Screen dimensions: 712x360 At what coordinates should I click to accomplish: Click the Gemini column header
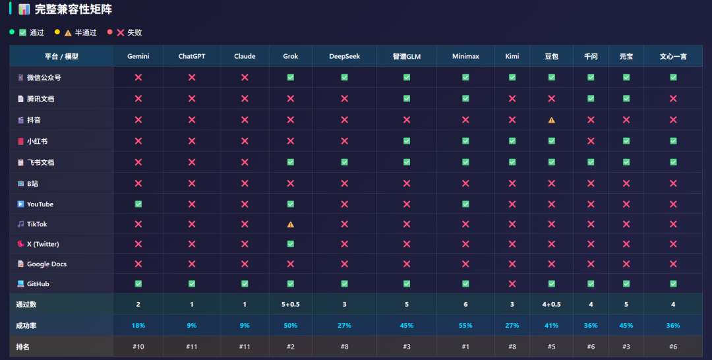138,56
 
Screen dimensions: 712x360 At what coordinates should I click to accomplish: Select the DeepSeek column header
344,56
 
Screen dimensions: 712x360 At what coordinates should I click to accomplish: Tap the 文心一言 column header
673,56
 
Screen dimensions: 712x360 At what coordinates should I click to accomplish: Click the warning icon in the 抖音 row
551,120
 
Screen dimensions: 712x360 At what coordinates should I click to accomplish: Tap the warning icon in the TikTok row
291,224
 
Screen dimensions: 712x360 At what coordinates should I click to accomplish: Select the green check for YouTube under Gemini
138,204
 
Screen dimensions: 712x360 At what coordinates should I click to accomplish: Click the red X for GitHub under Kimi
512,284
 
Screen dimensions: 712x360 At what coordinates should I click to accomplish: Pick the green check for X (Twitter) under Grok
291,244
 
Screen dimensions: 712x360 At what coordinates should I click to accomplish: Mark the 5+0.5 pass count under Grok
291,304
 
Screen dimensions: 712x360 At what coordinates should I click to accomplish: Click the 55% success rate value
465,326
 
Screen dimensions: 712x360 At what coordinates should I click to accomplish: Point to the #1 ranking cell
465,346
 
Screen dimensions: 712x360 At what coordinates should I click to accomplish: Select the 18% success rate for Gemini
138,326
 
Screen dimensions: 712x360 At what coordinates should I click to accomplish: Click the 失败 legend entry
129,32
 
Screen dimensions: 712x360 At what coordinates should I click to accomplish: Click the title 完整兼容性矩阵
73,9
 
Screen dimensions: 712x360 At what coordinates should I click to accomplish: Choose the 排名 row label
22,347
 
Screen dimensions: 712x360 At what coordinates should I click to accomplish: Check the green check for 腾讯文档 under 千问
590,98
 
